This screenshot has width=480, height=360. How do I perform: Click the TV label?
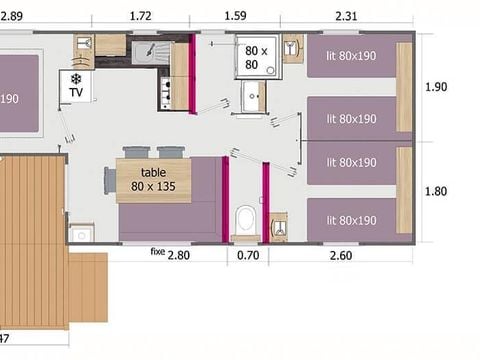point(76,92)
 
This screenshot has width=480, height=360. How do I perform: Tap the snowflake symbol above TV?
point(76,79)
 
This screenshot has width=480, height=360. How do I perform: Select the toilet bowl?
point(245,219)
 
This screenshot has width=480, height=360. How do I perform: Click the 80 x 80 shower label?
point(256,58)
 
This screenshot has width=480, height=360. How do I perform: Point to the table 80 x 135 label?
point(153,180)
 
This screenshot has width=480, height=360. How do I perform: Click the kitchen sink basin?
point(144,53)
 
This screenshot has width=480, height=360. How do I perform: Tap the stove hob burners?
point(165,93)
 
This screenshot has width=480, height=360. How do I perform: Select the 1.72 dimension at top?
point(140,16)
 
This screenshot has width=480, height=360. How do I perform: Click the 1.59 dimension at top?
point(235,16)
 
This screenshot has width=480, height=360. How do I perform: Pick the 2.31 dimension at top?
point(346,16)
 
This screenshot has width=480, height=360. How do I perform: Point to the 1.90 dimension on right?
point(436,87)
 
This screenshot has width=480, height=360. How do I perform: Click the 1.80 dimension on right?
point(436,191)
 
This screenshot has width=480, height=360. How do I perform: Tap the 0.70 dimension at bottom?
point(248,255)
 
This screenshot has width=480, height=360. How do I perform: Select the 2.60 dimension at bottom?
point(341,256)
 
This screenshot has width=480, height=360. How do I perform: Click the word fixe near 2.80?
point(158,251)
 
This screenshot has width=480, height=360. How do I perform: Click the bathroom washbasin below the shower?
point(252,96)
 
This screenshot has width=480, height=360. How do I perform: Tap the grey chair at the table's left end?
point(110,180)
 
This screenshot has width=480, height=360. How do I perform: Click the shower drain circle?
point(270,70)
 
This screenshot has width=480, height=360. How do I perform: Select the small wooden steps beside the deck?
point(88,287)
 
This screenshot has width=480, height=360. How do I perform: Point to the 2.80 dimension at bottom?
point(179,255)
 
